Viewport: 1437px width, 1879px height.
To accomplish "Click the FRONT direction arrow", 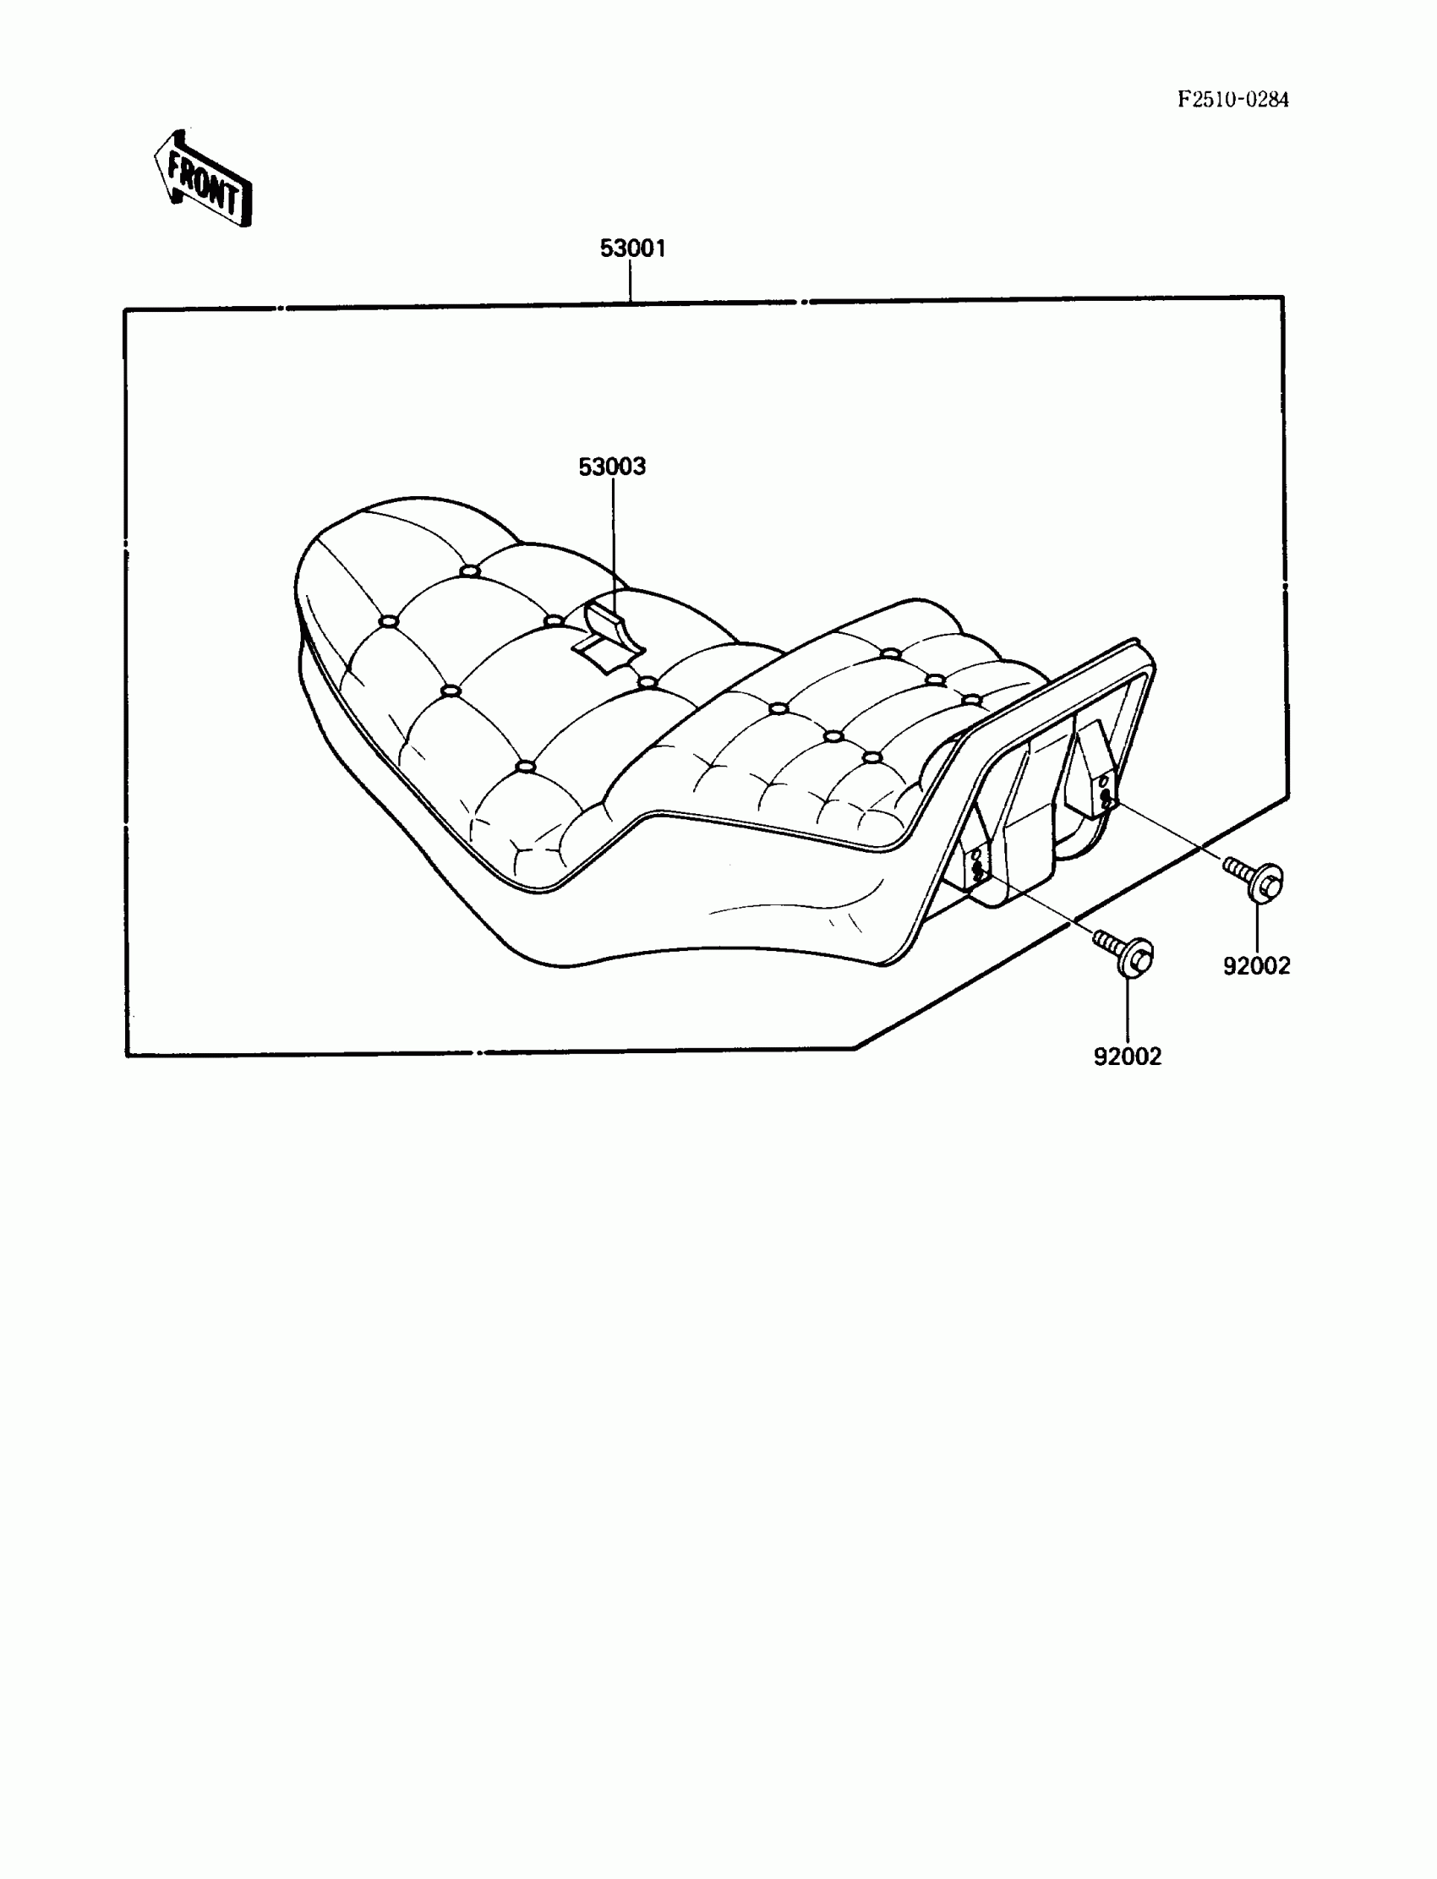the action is [x=204, y=180].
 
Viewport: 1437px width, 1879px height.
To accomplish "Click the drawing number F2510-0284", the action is [x=1232, y=100].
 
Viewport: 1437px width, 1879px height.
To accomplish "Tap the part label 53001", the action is [x=632, y=249].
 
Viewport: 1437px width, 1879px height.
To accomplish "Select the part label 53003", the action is [x=612, y=467].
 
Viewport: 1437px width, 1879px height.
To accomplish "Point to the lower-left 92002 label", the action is [x=1128, y=1057].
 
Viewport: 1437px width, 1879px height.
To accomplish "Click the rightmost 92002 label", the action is [x=1255, y=965].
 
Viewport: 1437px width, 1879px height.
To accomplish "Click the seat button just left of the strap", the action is [x=555, y=620].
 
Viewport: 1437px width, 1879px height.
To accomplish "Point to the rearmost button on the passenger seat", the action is [x=971, y=699].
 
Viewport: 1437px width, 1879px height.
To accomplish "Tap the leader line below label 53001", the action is [x=631, y=281].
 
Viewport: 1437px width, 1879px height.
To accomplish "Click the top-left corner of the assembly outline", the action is [x=126, y=309].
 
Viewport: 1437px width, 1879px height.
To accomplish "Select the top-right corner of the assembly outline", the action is [x=1283, y=298].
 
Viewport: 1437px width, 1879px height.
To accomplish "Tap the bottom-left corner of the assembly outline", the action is [x=128, y=1056].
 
